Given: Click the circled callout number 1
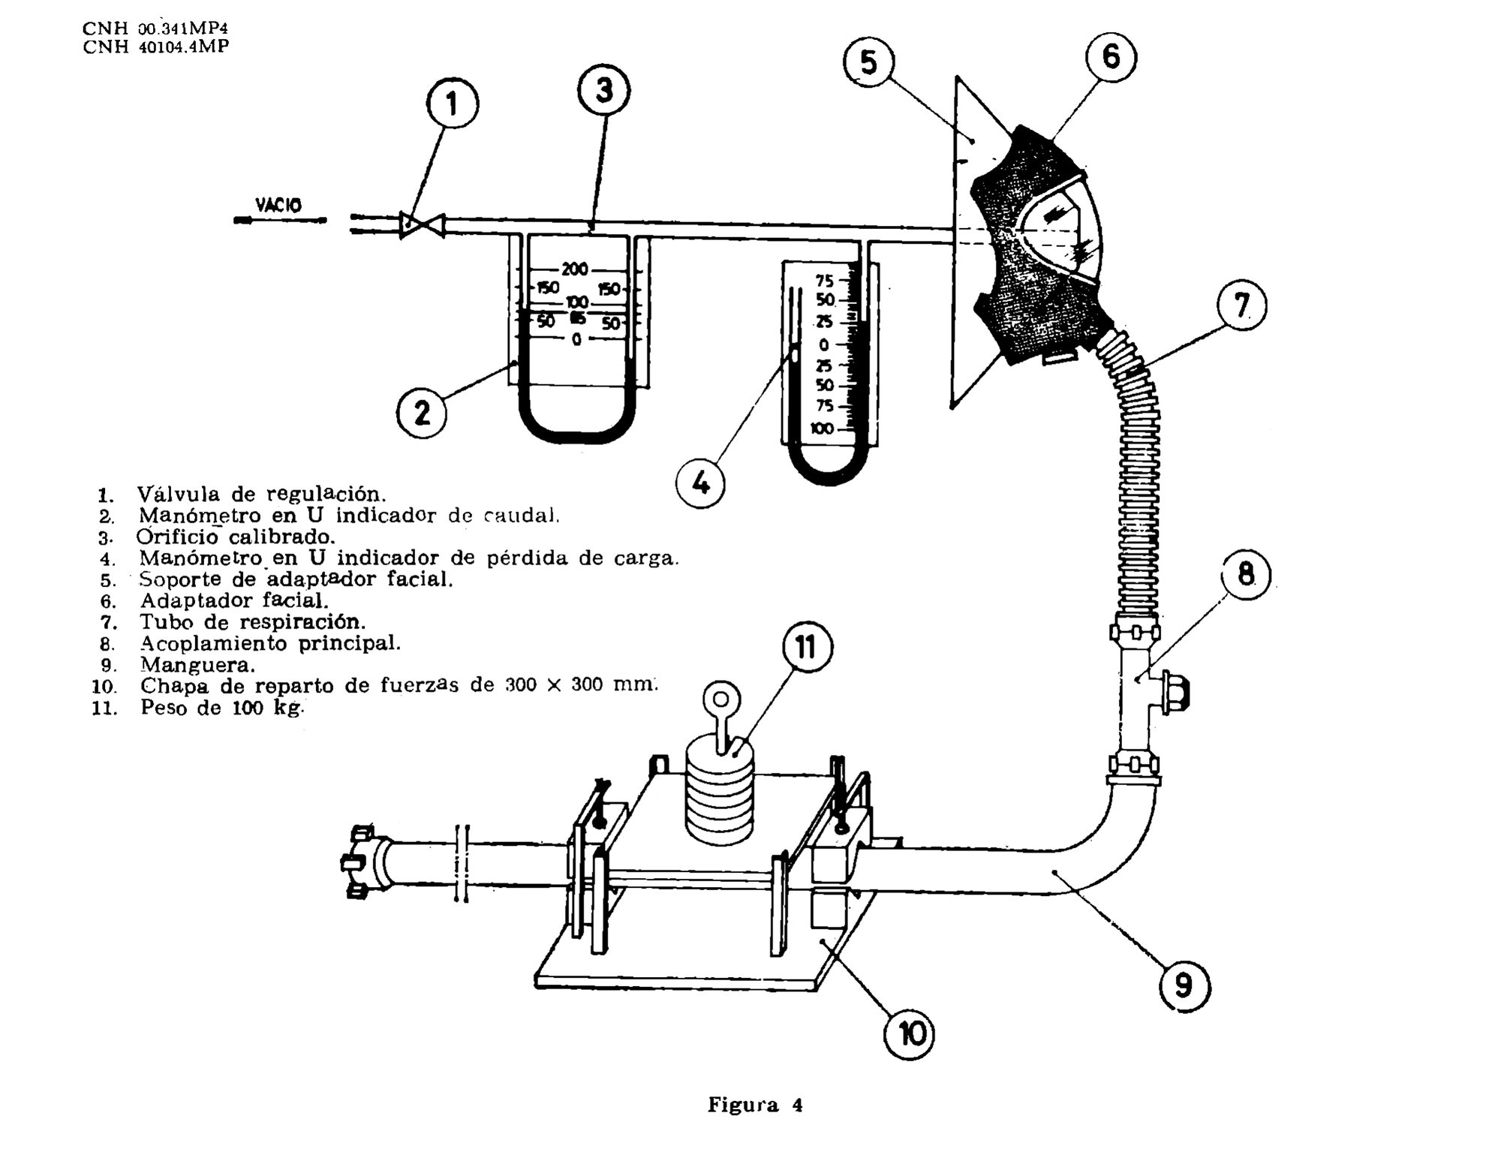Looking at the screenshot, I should click(453, 104).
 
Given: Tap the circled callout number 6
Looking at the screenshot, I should click(1110, 56).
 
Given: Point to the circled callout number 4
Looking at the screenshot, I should click(700, 483).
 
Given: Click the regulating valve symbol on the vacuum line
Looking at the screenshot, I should click(422, 224).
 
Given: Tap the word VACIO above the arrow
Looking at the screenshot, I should click(278, 205).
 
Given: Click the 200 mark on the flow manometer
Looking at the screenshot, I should click(575, 269).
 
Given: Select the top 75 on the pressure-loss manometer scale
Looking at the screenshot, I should click(824, 281).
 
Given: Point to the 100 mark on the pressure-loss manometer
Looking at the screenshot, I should click(822, 429).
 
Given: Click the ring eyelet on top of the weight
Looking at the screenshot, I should click(720, 702).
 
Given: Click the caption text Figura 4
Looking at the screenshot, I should click(755, 1105).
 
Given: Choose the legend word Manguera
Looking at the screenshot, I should click(197, 665).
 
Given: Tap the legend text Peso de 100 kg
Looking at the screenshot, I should click(222, 708).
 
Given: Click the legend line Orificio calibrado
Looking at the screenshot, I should click(236, 537).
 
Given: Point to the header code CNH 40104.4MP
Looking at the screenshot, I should click(156, 47).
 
